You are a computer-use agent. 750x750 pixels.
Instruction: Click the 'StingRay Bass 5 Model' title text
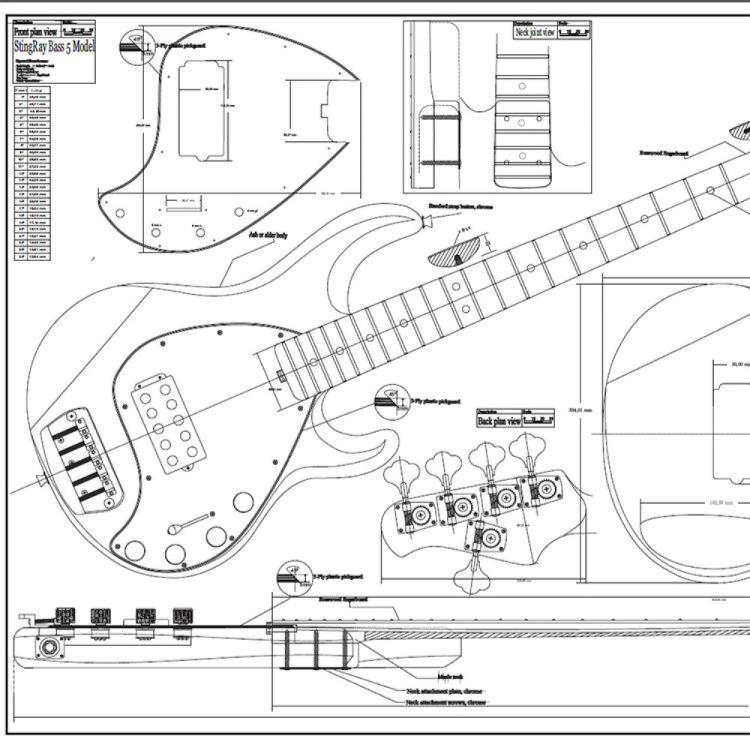pyautogui.click(x=54, y=46)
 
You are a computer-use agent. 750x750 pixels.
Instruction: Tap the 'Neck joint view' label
pyautogui.click(x=534, y=32)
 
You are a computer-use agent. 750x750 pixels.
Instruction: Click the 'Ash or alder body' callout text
pyautogui.click(x=268, y=235)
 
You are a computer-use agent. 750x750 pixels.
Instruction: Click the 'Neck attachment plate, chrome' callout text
pyautogui.click(x=444, y=691)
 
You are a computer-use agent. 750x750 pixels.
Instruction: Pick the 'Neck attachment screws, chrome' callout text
pyautogui.click(x=445, y=703)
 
